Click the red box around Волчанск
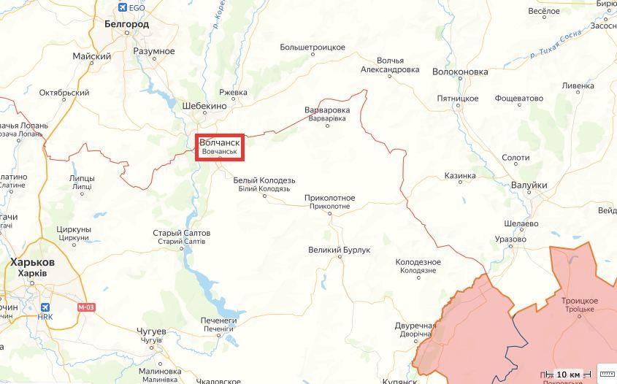220,147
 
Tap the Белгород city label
126,24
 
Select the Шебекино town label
204,105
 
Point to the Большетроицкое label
313,47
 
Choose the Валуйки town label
529,185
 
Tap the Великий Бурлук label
340,250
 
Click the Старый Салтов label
182,233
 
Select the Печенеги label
219,320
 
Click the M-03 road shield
86,307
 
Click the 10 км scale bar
567,375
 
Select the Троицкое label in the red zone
580,301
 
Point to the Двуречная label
415,325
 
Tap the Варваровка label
326,110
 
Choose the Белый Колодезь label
264,180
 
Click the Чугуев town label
151,331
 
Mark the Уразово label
510,239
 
